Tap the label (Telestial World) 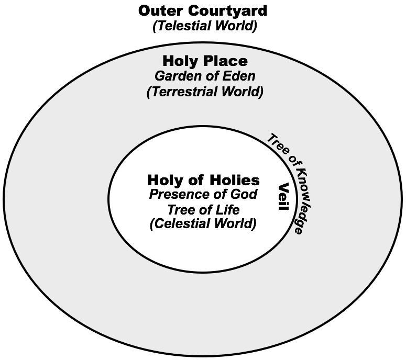coord(204,26)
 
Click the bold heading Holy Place coord(205,60)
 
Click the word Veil coord(283,197)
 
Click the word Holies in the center coord(233,181)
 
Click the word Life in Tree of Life coord(228,210)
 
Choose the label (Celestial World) coord(203,224)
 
